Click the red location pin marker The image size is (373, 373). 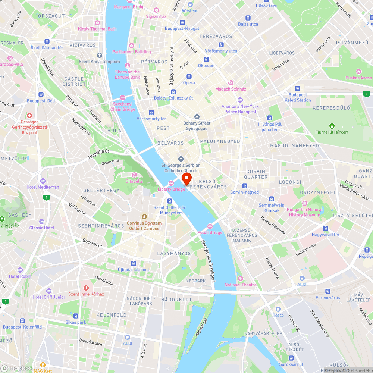tap(186, 178)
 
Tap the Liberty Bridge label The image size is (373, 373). tap(171, 189)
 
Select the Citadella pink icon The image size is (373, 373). tap(134, 175)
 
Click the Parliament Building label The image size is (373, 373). tap(132, 52)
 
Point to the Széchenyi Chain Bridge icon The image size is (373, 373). tap(123, 97)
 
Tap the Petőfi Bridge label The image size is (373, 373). tap(210, 232)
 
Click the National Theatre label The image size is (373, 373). tap(241, 285)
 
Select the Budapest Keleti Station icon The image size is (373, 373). tap(297, 88)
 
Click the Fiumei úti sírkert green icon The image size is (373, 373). tap(332, 126)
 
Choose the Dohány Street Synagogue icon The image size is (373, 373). tap(197, 117)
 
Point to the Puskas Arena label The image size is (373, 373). tap(358, 78)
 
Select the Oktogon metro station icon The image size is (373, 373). tap(206, 59)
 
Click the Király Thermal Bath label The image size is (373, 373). tap(97, 29)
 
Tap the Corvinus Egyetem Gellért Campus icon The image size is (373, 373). tap(144, 217)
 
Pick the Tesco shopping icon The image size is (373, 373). tap(278, 309)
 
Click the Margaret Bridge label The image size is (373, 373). tap(130, 7)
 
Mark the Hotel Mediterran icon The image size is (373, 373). tap(43, 181)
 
